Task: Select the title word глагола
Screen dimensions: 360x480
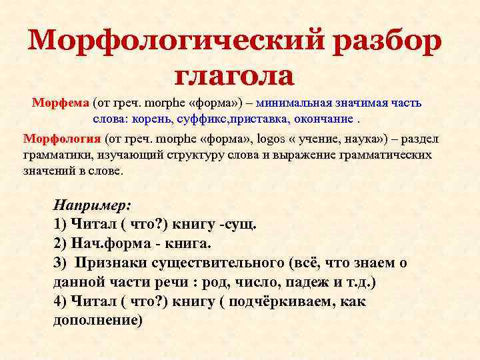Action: pos(234,76)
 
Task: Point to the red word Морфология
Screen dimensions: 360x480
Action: pos(62,139)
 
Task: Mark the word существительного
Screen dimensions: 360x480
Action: pos(230,263)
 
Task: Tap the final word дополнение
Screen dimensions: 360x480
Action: pos(97,320)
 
